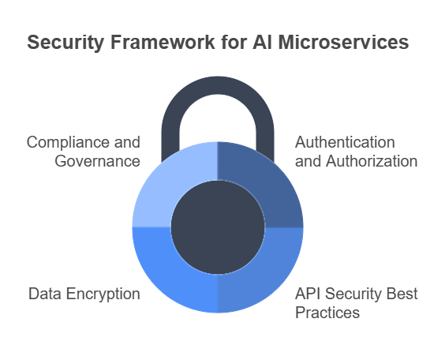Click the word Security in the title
[65, 43]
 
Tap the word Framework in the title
[163, 42]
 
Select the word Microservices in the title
[343, 42]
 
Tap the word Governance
[97, 161]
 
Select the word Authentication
[345, 142]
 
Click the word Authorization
[372, 161]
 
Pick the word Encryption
[103, 294]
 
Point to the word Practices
[327, 313]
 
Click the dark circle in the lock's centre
[218, 227]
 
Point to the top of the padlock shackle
[218, 85]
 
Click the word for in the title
[234, 42]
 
